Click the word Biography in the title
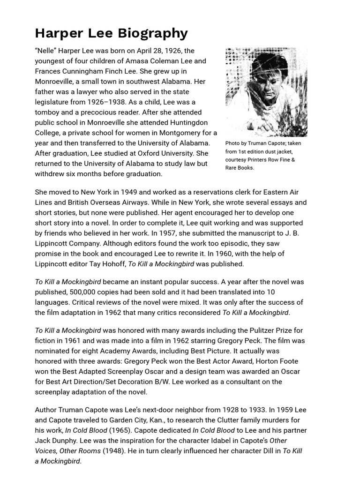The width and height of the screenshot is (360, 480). coord(153,33)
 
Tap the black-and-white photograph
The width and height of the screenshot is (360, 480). coord(266,92)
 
